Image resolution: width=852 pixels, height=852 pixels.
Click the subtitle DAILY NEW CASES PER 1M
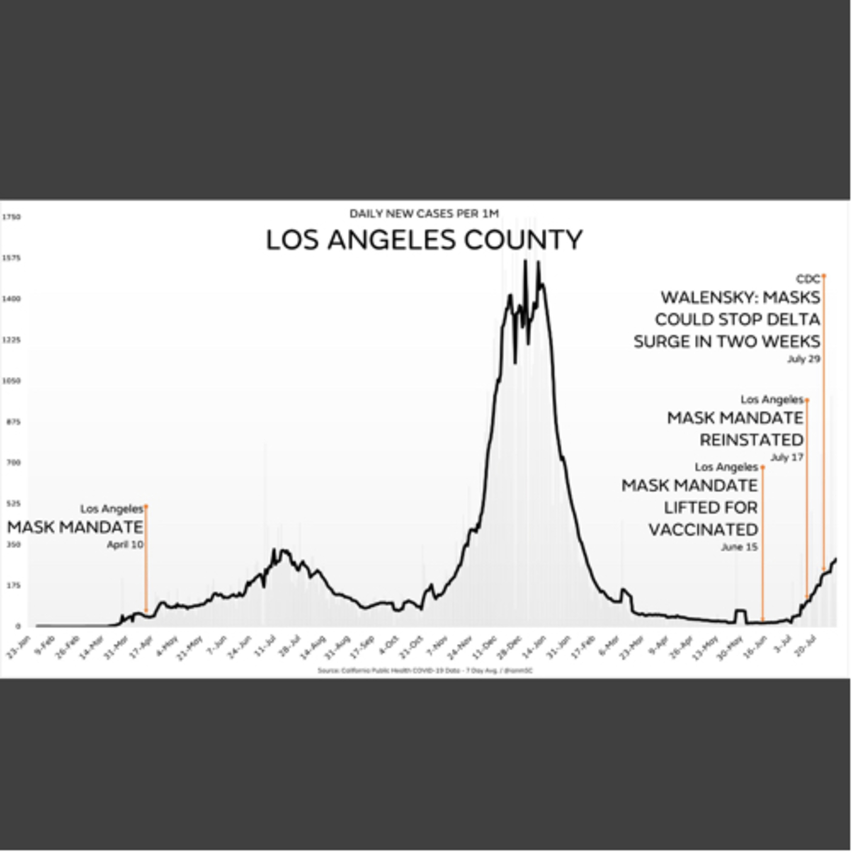pyautogui.click(x=424, y=214)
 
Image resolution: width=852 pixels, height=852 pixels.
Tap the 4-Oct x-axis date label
pyautogui.click(x=389, y=646)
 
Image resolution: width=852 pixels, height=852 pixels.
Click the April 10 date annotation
pyautogui.click(x=125, y=545)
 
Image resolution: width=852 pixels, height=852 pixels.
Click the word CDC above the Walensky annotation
pyautogui.click(x=808, y=279)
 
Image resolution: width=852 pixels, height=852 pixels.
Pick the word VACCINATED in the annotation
pyautogui.click(x=703, y=530)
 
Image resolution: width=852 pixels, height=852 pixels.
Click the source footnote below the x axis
pyautogui.click(x=425, y=671)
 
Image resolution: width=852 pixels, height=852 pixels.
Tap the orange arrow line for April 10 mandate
pyautogui.click(x=146, y=560)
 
